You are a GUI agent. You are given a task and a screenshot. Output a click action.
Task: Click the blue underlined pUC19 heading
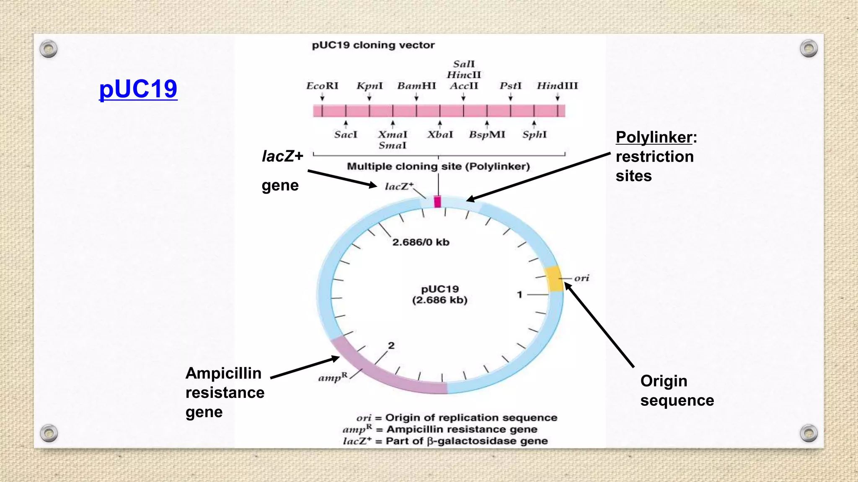click(x=138, y=89)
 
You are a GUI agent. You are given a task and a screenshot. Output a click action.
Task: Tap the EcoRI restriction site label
click(x=322, y=86)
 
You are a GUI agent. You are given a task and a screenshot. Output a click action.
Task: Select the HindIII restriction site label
click(x=557, y=86)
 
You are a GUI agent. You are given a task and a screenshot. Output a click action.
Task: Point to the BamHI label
click(x=416, y=86)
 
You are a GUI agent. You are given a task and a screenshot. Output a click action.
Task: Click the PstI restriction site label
click(x=510, y=86)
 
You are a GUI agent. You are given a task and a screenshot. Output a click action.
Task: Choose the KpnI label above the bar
click(x=370, y=86)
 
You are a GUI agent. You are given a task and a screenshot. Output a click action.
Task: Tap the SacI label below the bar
click(x=346, y=134)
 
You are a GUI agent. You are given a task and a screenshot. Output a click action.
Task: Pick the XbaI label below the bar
click(x=440, y=134)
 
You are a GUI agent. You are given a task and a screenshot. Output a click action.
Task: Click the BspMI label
click(x=487, y=134)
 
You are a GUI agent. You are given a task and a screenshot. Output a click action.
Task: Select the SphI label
click(x=534, y=134)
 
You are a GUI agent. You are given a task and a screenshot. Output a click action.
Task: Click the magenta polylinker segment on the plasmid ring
click(x=437, y=202)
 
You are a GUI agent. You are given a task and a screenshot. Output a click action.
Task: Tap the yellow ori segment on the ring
click(x=554, y=278)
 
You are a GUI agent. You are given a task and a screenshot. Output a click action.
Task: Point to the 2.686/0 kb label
click(x=421, y=242)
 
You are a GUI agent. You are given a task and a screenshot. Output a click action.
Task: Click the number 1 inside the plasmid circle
click(x=519, y=295)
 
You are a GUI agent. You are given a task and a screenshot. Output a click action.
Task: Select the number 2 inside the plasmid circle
click(x=391, y=346)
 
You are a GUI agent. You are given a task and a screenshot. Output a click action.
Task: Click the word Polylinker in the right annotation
click(x=654, y=137)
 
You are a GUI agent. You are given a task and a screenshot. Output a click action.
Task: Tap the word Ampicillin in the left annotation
click(x=223, y=373)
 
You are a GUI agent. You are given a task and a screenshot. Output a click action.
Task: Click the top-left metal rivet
click(x=49, y=49)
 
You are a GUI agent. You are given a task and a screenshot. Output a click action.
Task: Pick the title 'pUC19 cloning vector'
click(x=373, y=45)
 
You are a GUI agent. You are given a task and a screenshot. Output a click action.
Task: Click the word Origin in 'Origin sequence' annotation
click(x=664, y=381)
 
